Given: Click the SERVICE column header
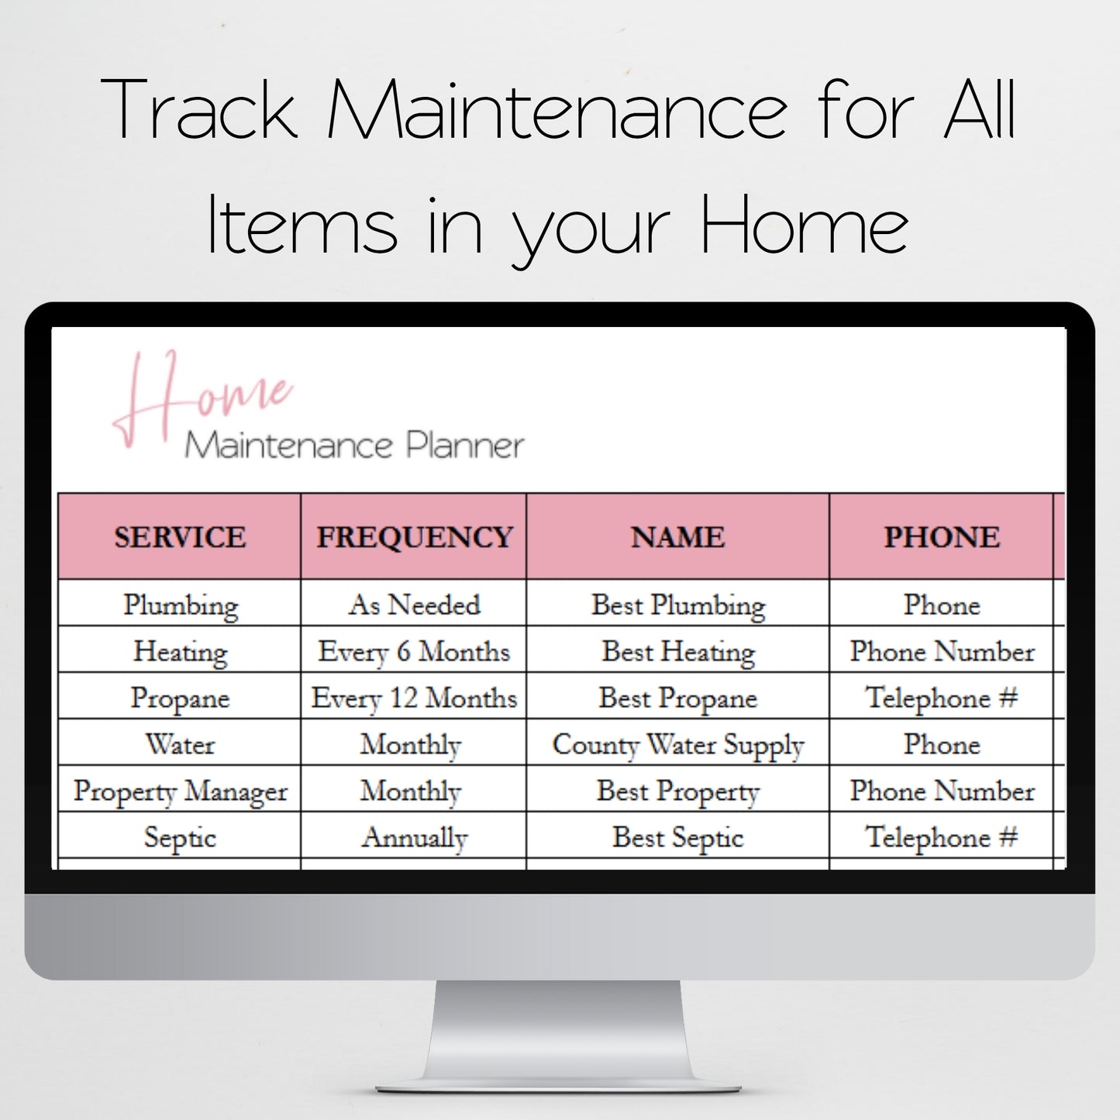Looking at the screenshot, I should pos(180,537).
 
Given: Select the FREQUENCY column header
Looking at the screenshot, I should pos(414,537).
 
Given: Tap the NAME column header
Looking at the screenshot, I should pos(677,537).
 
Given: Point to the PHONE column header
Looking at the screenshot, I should pos(942,537).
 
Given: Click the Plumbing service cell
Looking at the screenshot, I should pos(181,605).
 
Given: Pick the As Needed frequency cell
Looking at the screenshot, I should pos(414,605).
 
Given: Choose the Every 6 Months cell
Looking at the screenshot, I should pos(414,651).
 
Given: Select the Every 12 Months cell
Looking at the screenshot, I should pos(414,698).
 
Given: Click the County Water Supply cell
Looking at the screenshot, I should pos(677,744).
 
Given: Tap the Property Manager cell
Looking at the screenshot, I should pos(180,791).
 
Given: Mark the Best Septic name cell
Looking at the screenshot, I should pos(677,837).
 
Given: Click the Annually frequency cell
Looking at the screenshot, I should pos(414,837).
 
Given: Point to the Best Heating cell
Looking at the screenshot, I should pos(677,651).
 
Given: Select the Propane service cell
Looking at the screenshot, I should pos(180,698).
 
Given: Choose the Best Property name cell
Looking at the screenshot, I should pos(677,791).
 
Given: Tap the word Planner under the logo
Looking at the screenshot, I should pos(465,446).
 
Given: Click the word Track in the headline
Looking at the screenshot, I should pos(199,110).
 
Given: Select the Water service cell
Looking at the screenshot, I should pos(180,744).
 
